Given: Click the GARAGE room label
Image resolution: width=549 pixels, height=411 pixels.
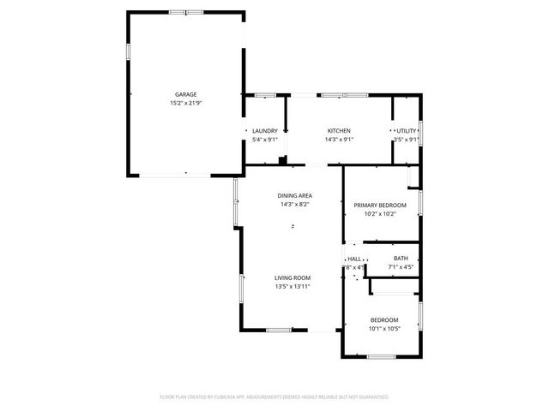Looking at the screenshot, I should pyautogui.click(x=186, y=94).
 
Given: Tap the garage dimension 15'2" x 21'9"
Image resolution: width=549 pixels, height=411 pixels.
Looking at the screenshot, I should pyautogui.click(x=186, y=104).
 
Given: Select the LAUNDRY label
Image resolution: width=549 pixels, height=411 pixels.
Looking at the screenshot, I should pyautogui.click(x=264, y=131).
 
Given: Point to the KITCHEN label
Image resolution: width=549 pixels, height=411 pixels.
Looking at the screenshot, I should pyautogui.click(x=339, y=131).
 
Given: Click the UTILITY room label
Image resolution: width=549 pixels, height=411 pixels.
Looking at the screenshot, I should pyautogui.click(x=407, y=131).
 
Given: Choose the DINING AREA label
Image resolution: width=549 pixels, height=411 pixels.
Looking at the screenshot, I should pyautogui.click(x=294, y=196).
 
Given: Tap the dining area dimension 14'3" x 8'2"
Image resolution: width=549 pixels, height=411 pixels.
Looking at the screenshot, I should pyautogui.click(x=294, y=205).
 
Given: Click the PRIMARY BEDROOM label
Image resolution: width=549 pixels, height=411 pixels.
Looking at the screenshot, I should pyautogui.click(x=380, y=205).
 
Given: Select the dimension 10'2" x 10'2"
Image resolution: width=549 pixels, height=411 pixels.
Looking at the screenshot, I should pyautogui.click(x=380, y=214).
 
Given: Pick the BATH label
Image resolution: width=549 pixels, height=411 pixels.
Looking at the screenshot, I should pyautogui.click(x=401, y=259).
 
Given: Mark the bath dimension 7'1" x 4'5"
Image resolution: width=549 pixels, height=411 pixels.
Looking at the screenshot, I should pyautogui.click(x=401, y=267).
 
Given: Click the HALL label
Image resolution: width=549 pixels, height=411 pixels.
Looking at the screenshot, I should pyautogui.click(x=354, y=259).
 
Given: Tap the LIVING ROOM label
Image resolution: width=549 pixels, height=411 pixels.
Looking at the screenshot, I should pyautogui.click(x=292, y=277).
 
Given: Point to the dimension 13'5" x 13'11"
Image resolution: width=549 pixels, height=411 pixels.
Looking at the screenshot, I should pyautogui.click(x=292, y=287).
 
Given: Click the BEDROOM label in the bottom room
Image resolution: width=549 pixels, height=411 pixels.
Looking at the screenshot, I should pyautogui.click(x=383, y=319).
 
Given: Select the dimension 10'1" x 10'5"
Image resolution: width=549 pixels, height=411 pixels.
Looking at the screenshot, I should pyautogui.click(x=383, y=329).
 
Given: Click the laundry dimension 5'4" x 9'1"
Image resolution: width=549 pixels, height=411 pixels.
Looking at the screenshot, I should pyautogui.click(x=264, y=140).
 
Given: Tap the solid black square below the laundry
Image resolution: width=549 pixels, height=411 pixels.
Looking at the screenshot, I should pyautogui.click(x=283, y=159).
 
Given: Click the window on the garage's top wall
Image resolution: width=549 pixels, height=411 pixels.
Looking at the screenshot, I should pyautogui.click(x=186, y=13).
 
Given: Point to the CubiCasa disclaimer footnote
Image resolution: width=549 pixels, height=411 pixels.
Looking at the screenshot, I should pyautogui.click(x=274, y=397).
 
